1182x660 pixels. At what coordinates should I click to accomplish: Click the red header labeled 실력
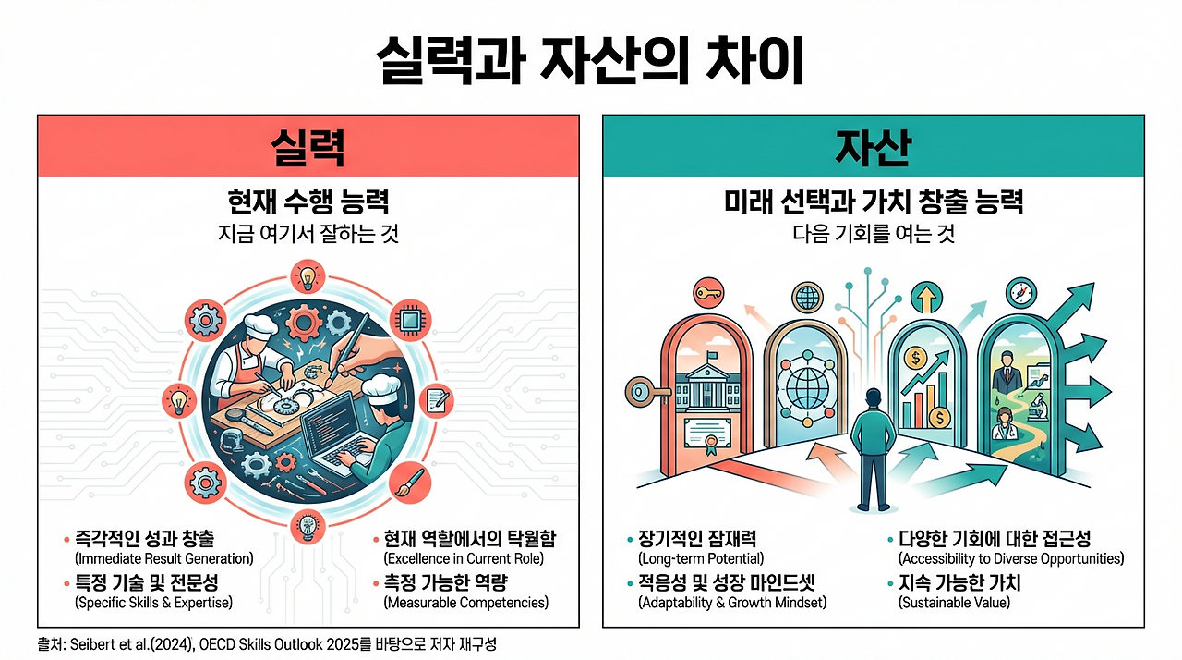pyautogui.click(x=308, y=146)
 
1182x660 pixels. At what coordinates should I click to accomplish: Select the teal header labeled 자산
pyautogui.click(x=873, y=146)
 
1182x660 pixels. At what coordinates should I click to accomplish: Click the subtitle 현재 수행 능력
pyautogui.click(x=308, y=202)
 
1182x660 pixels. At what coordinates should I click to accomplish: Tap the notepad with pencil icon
pyautogui.click(x=436, y=400)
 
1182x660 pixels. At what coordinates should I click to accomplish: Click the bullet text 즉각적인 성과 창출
pyautogui.click(x=149, y=540)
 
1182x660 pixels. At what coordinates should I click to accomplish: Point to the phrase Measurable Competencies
pyautogui.click(x=465, y=603)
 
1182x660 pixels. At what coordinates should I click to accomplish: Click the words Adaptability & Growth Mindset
pyautogui.click(x=731, y=603)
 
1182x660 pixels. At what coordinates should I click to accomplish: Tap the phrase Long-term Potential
pyautogui.click(x=701, y=559)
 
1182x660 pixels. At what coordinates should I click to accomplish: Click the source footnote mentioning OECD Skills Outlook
pyautogui.click(x=268, y=644)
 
